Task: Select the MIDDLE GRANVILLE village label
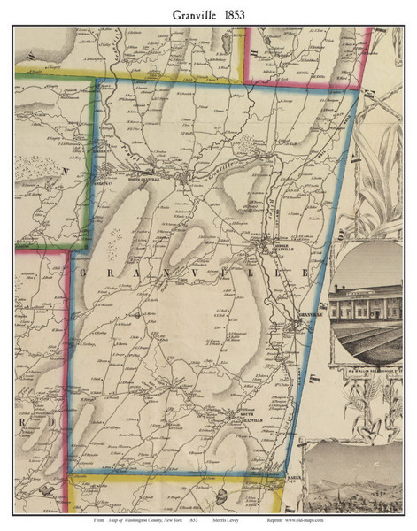(x=265, y=249)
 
